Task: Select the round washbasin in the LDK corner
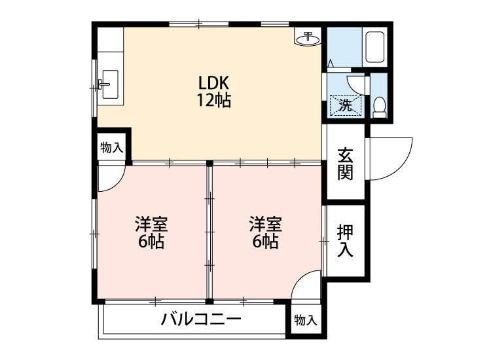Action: pyautogui.click(x=308, y=39)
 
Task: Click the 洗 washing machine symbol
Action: pyautogui.click(x=345, y=103)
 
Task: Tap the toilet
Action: pyautogui.click(x=379, y=107)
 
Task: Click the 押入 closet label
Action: pyautogui.click(x=345, y=240)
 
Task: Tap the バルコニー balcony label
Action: pyautogui.click(x=201, y=321)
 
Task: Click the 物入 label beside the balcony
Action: pyautogui.click(x=305, y=321)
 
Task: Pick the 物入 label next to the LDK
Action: pyautogui.click(x=111, y=148)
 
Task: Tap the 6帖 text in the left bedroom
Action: pyautogui.click(x=151, y=242)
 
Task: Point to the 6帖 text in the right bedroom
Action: pyautogui.click(x=265, y=242)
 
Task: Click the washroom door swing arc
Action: pyautogui.click(x=357, y=82)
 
